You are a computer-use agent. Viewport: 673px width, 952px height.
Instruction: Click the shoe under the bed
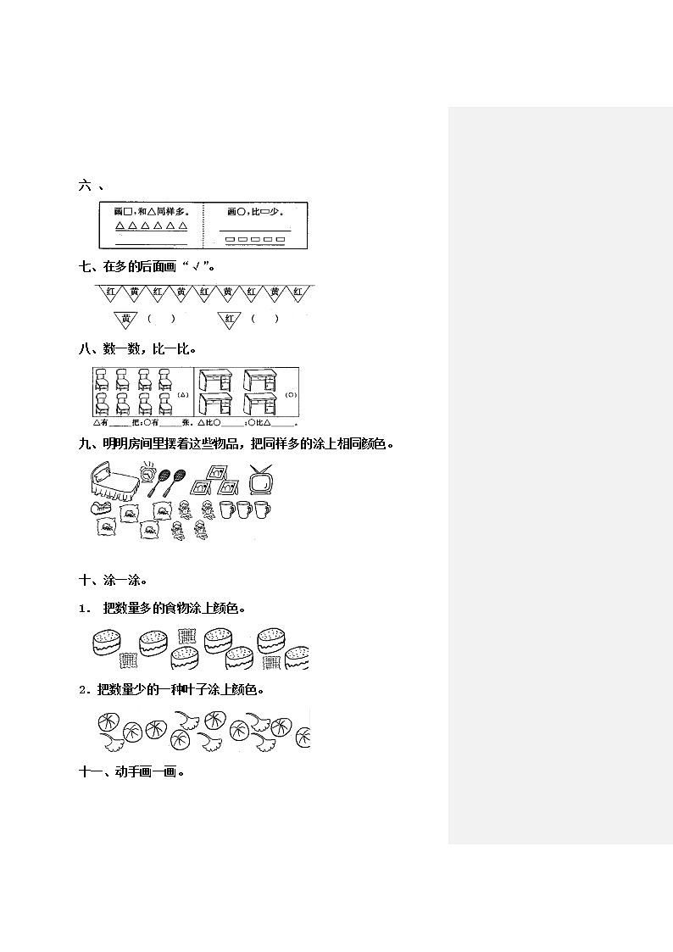(101, 509)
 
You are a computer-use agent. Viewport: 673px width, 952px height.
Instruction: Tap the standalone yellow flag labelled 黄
(126, 319)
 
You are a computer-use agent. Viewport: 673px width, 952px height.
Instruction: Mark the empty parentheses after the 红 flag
(265, 319)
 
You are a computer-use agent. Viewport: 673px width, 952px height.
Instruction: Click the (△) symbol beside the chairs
(184, 395)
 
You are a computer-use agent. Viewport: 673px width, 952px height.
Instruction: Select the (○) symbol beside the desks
(290, 395)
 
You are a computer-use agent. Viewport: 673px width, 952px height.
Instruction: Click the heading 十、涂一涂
(113, 581)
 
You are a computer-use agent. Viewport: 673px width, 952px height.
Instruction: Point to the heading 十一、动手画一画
(131, 771)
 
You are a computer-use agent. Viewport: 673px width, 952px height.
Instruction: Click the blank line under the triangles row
(151, 243)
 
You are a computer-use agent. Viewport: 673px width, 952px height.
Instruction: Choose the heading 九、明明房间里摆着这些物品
(236, 443)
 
